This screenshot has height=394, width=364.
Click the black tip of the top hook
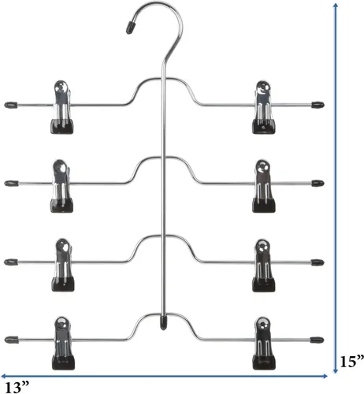coord(131,28)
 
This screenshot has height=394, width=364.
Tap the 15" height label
coord(352,362)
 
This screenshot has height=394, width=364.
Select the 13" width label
coord(17,387)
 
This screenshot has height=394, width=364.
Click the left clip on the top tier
coord(62,107)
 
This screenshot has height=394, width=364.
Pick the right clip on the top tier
coord(263,107)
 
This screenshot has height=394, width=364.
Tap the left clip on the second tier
coord(62,186)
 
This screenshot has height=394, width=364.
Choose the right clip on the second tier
coord(263,186)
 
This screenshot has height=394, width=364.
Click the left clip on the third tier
coord(63,265)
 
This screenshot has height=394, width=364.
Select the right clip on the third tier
coord(263,266)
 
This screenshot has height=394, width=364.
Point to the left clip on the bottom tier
coord(63,344)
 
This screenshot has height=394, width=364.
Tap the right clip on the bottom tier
coord(264,344)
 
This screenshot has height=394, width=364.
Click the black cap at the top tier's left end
coord(11,105)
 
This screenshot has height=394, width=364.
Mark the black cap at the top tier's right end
coord(318,105)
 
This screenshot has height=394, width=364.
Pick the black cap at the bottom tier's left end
coord(11,340)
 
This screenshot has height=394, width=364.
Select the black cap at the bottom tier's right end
coord(317,340)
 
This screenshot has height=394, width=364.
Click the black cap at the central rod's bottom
coord(163,323)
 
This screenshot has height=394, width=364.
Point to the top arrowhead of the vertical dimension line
coord(336,6)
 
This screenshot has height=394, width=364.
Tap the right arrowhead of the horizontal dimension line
coord(325,376)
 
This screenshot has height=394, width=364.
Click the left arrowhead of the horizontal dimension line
coord(4,376)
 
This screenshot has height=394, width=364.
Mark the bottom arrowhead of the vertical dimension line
coord(336,370)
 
